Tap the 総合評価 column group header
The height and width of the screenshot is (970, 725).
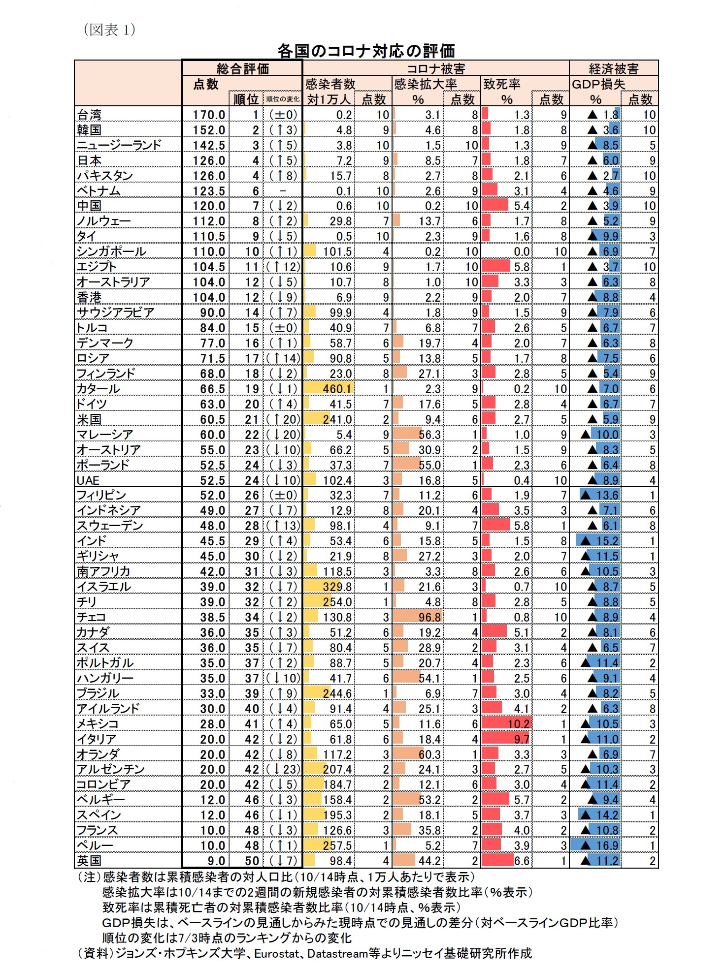click(x=242, y=68)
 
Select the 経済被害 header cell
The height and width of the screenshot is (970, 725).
click(x=614, y=68)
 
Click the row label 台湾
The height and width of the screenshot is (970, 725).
click(x=90, y=115)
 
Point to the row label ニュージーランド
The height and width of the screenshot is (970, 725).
click(x=119, y=145)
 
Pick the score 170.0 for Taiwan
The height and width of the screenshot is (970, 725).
click(x=209, y=115)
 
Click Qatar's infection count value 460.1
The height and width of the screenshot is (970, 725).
click(x=337, y=389)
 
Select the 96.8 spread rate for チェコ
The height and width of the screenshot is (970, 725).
click(x=429, y=617)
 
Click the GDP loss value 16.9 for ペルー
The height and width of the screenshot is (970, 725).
click(x=607, y=845)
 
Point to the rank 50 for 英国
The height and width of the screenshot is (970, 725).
click(x=252, y=861)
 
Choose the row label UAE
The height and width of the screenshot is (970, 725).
click(x=88, y=480)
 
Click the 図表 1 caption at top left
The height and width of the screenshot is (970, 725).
click(x=109, y=30)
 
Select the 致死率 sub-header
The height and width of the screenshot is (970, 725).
click(x=502, y=84)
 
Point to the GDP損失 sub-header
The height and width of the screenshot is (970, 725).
click(x=598, y=84)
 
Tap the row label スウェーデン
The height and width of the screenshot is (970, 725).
click(x=110, y=526)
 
